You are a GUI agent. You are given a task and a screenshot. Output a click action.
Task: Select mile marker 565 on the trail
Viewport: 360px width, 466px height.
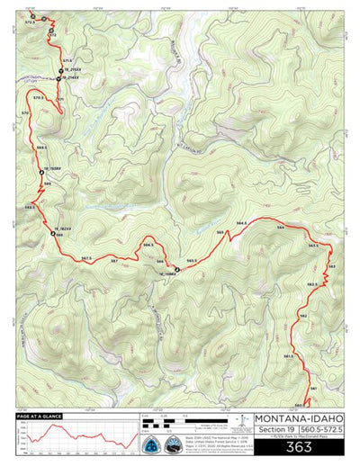coord(220,236)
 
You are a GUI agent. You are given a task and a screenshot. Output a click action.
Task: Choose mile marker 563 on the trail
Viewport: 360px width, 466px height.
coord(331,267)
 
